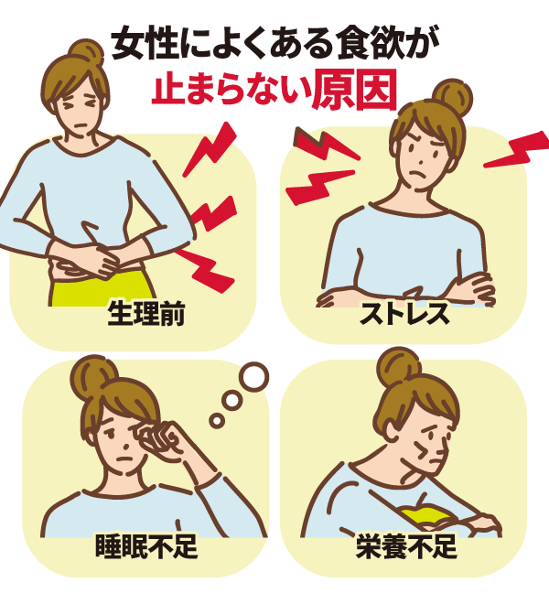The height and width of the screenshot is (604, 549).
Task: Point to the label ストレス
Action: coord(404,314)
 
